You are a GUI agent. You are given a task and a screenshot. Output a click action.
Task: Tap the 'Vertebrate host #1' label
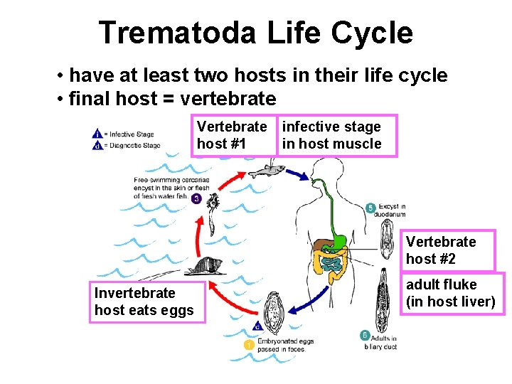click(x=232, y=135)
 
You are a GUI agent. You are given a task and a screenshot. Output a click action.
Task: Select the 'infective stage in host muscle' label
click(x=331, y=135)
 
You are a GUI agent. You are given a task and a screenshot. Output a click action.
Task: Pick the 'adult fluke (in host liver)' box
click(x=450, y=293)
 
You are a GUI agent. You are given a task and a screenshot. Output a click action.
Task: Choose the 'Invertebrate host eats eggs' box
click(x=146, y=302)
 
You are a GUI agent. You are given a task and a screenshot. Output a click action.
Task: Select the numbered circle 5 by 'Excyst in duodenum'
click(x=370, y=208)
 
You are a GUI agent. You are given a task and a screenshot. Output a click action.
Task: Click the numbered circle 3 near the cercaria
click(x=196, y=198)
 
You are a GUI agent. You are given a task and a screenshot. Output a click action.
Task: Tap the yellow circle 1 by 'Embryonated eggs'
click(x=249, y=345)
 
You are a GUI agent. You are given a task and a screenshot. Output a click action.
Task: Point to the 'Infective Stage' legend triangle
click(x=97, y=134)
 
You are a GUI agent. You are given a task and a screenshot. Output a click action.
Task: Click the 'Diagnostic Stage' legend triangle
click(x=97, y=145)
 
